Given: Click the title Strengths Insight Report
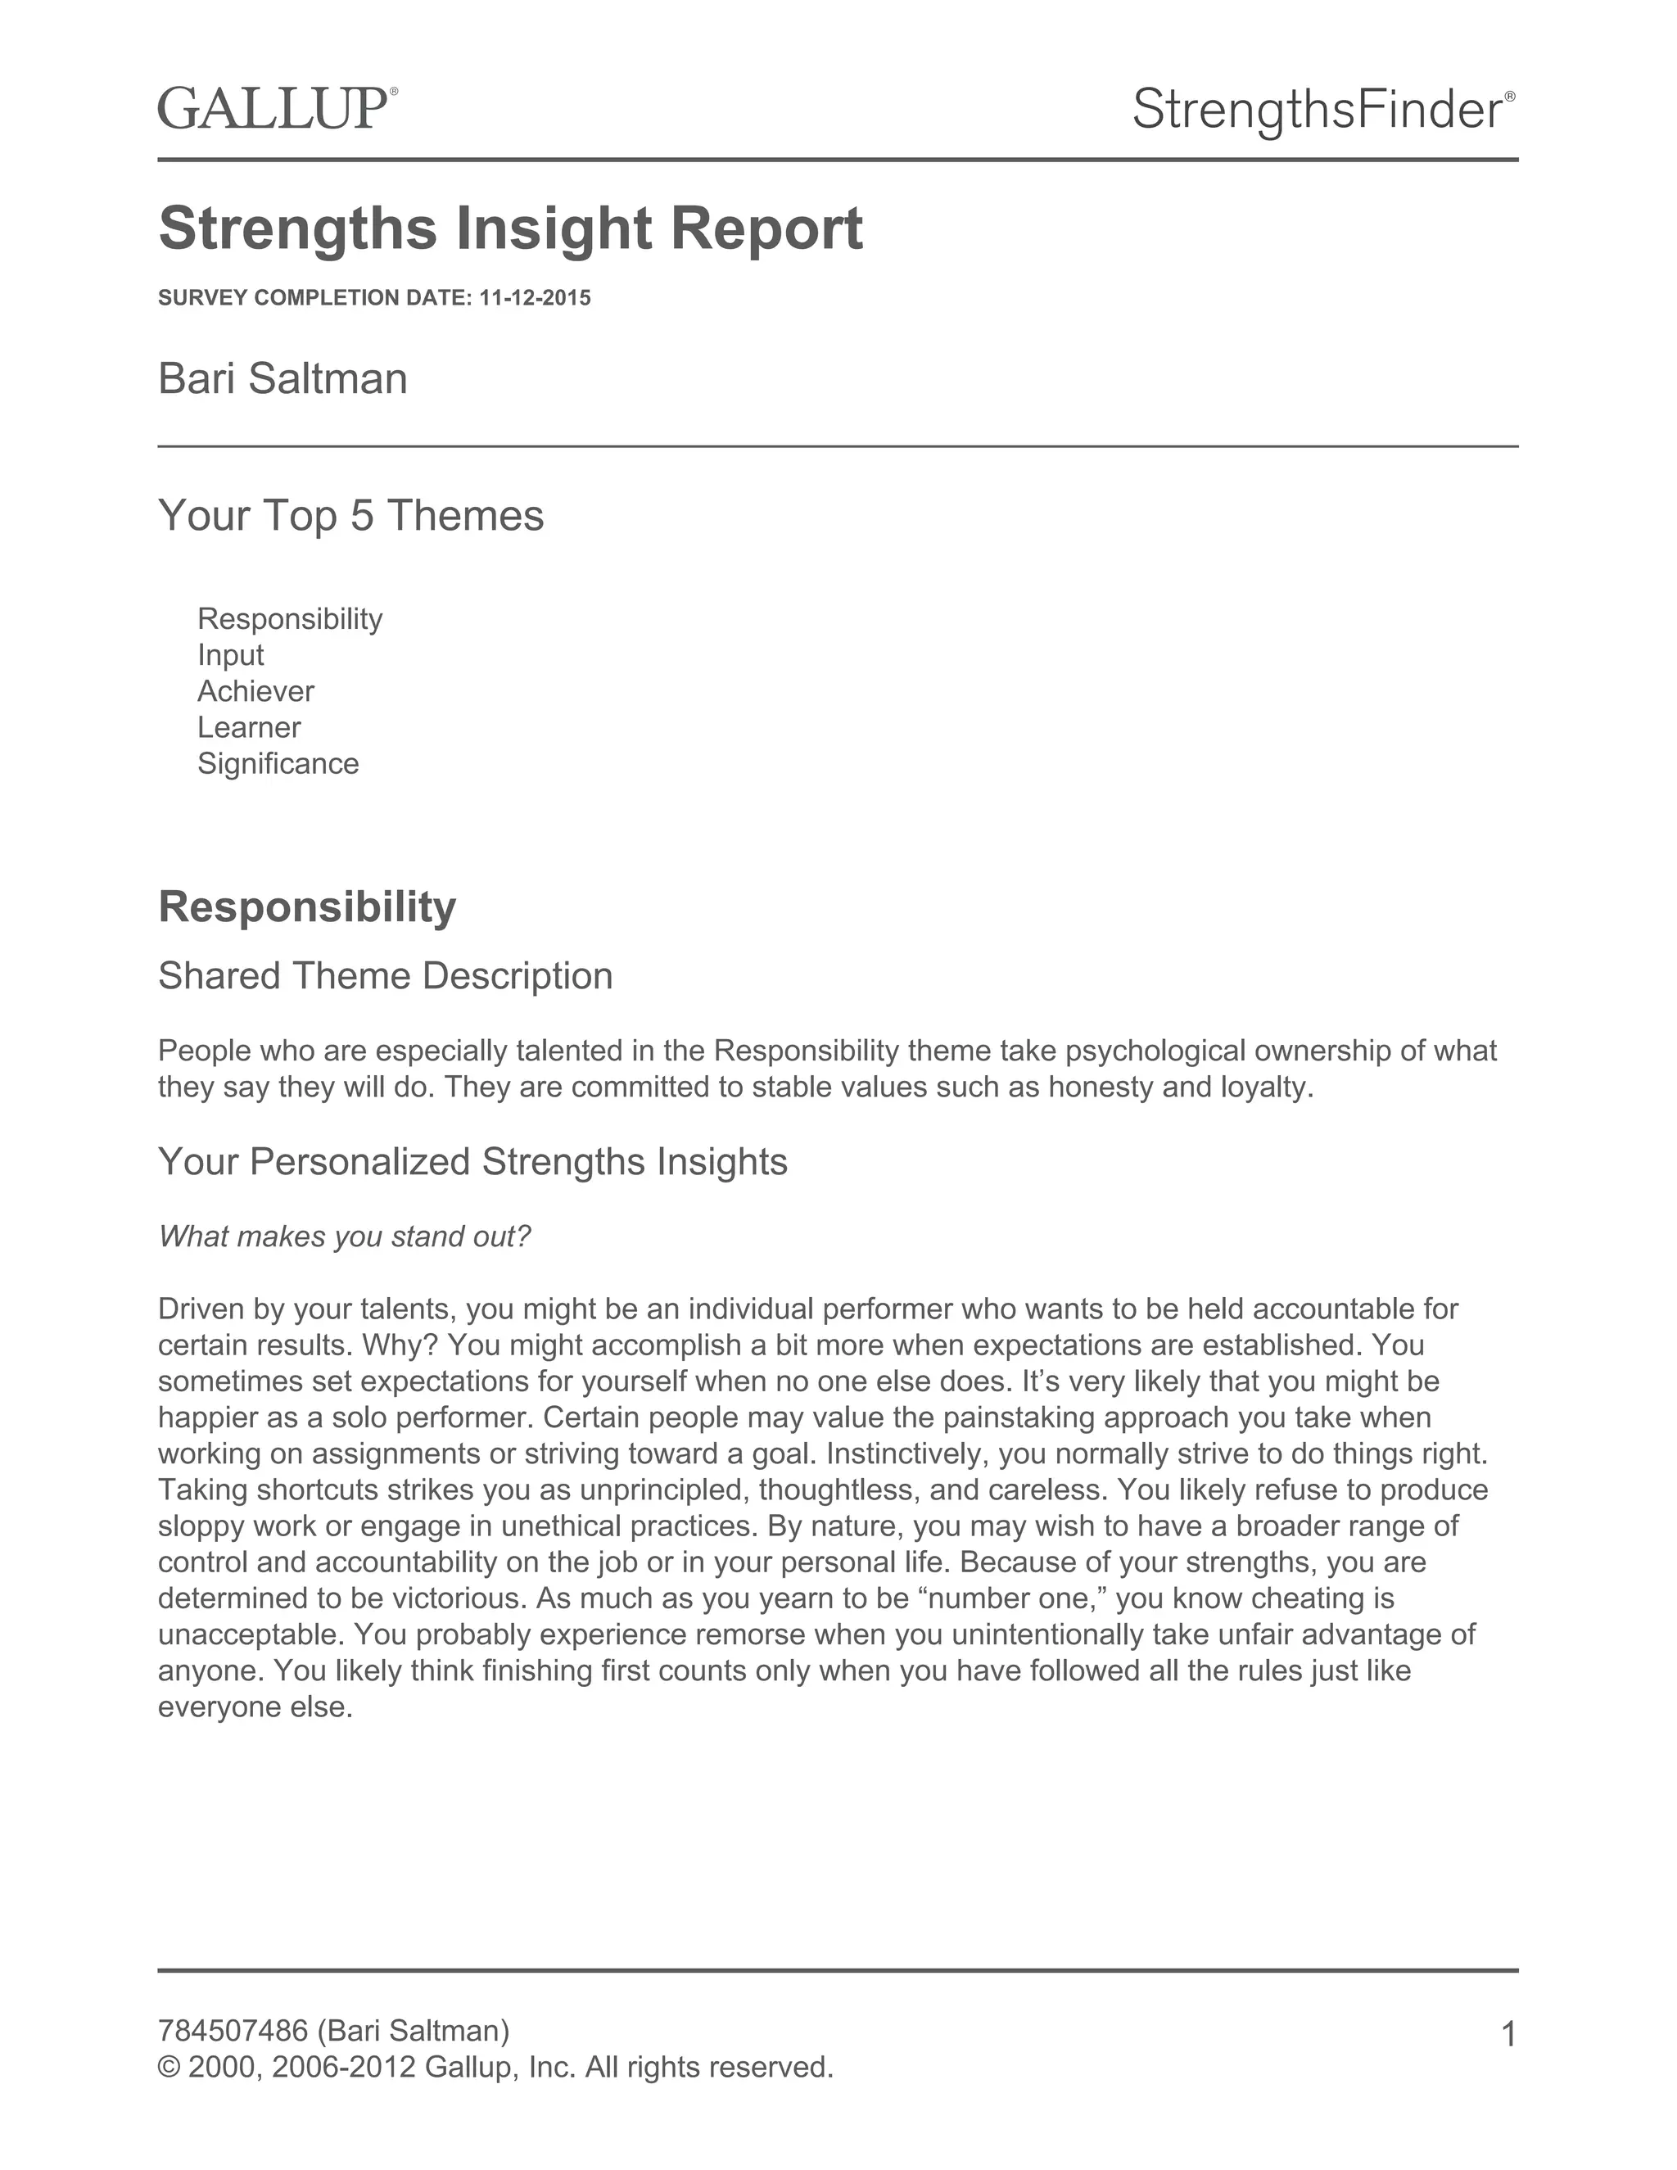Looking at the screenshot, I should [511, 228].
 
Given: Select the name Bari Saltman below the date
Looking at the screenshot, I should [283, 378].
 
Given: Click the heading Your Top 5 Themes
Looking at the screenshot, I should [350, 516].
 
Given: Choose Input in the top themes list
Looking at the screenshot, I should [230, 655].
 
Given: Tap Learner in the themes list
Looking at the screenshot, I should [248, 727].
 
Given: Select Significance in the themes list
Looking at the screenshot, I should [278, 763].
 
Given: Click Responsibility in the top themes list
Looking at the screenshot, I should [289, 619].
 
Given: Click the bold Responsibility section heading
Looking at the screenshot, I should [307, 907].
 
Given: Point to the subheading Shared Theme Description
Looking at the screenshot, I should [386, 976].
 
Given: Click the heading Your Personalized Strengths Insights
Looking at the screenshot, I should [473, 1161].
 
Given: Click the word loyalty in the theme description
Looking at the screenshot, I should [1266, 1087].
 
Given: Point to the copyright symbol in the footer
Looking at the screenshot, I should [169, 2068].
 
